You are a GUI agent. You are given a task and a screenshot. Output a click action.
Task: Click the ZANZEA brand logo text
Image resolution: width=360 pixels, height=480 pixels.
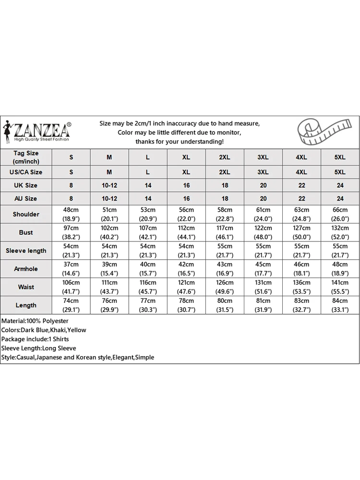[x=42, y=130]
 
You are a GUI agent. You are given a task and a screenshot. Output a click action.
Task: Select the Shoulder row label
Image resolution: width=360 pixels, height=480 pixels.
[x=26, y=214]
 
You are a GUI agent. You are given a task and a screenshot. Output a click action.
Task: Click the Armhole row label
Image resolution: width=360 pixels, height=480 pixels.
[x=26, y=269]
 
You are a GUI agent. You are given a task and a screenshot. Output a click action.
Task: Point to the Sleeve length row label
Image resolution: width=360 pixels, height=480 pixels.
[x=26, y=251]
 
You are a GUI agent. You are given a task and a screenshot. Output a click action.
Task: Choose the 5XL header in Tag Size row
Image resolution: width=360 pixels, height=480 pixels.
[x=340, y=157]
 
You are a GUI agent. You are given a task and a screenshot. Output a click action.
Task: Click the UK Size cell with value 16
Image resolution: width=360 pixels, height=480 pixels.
[x=186, y=185]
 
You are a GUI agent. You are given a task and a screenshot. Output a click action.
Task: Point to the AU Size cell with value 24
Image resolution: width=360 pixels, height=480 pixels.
[x=340, y=198]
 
